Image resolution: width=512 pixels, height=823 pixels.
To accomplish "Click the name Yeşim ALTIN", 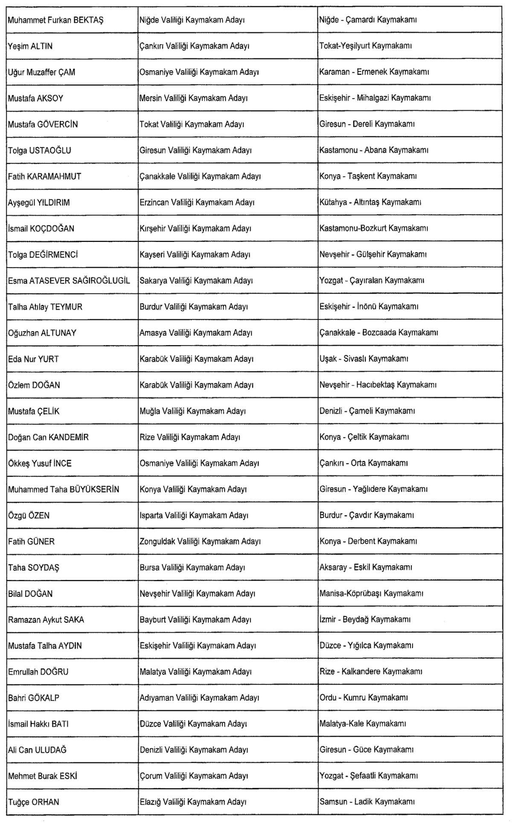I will coord(30,46).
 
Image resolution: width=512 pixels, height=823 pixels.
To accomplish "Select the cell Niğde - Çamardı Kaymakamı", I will coord(368,20).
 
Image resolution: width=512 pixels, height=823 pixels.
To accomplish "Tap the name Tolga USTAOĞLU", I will coord(40,150).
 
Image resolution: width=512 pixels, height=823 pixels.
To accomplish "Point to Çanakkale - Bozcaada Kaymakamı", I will coord(378,332).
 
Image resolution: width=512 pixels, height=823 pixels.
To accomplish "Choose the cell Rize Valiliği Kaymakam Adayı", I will coord(190,437).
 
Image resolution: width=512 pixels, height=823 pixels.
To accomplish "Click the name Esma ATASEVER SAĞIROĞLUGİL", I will coord(69,280).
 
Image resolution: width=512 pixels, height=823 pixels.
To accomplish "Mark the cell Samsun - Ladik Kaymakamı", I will coord(367,802).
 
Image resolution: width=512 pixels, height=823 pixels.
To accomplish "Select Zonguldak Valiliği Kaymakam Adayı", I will coord(200,541).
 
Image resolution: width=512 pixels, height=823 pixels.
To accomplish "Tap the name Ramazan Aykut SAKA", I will coord(46,619).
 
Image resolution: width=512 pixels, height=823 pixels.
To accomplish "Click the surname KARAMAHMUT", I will coord(54,176).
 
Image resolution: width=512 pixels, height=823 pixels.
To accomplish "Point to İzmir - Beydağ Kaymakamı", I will coord(365,619).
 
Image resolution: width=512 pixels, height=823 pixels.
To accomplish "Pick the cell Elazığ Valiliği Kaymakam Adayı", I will coord(193,802).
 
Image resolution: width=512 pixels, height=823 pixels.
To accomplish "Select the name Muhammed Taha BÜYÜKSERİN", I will coord(64,489).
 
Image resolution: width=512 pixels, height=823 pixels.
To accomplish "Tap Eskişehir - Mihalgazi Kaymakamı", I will coord(375,98).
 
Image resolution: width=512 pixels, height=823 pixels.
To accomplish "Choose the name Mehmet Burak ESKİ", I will coord(43,776).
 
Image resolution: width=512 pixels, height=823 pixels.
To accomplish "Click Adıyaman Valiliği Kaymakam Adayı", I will coord(199,698).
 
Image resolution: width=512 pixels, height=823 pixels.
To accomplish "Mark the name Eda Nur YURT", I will coord(33,359).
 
